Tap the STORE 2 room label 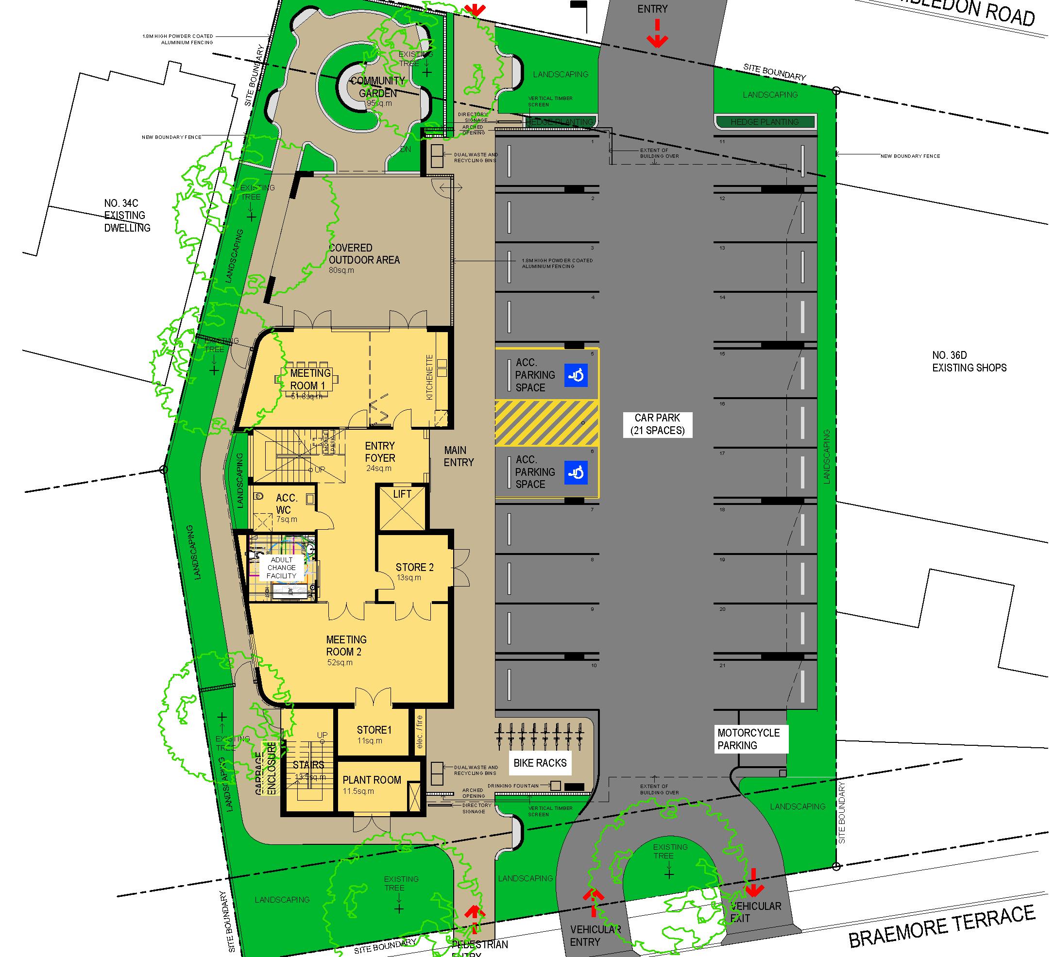[414, 568]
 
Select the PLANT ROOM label [372, 780]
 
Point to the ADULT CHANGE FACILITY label [282, 568]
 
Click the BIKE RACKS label [540, 763]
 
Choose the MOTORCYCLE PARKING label [749, 739]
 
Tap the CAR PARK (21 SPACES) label [657, 424]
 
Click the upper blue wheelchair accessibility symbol [576, 375]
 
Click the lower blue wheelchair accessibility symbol [576, 472]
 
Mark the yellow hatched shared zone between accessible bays [547, 423]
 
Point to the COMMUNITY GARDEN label [378, 87]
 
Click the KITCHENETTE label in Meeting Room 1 [430, 377]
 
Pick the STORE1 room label [374, 730]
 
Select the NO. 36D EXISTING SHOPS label [969, 362]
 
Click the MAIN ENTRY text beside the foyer [459, 456]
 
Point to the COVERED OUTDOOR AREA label [364, 254]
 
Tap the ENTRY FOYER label [380, 452]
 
